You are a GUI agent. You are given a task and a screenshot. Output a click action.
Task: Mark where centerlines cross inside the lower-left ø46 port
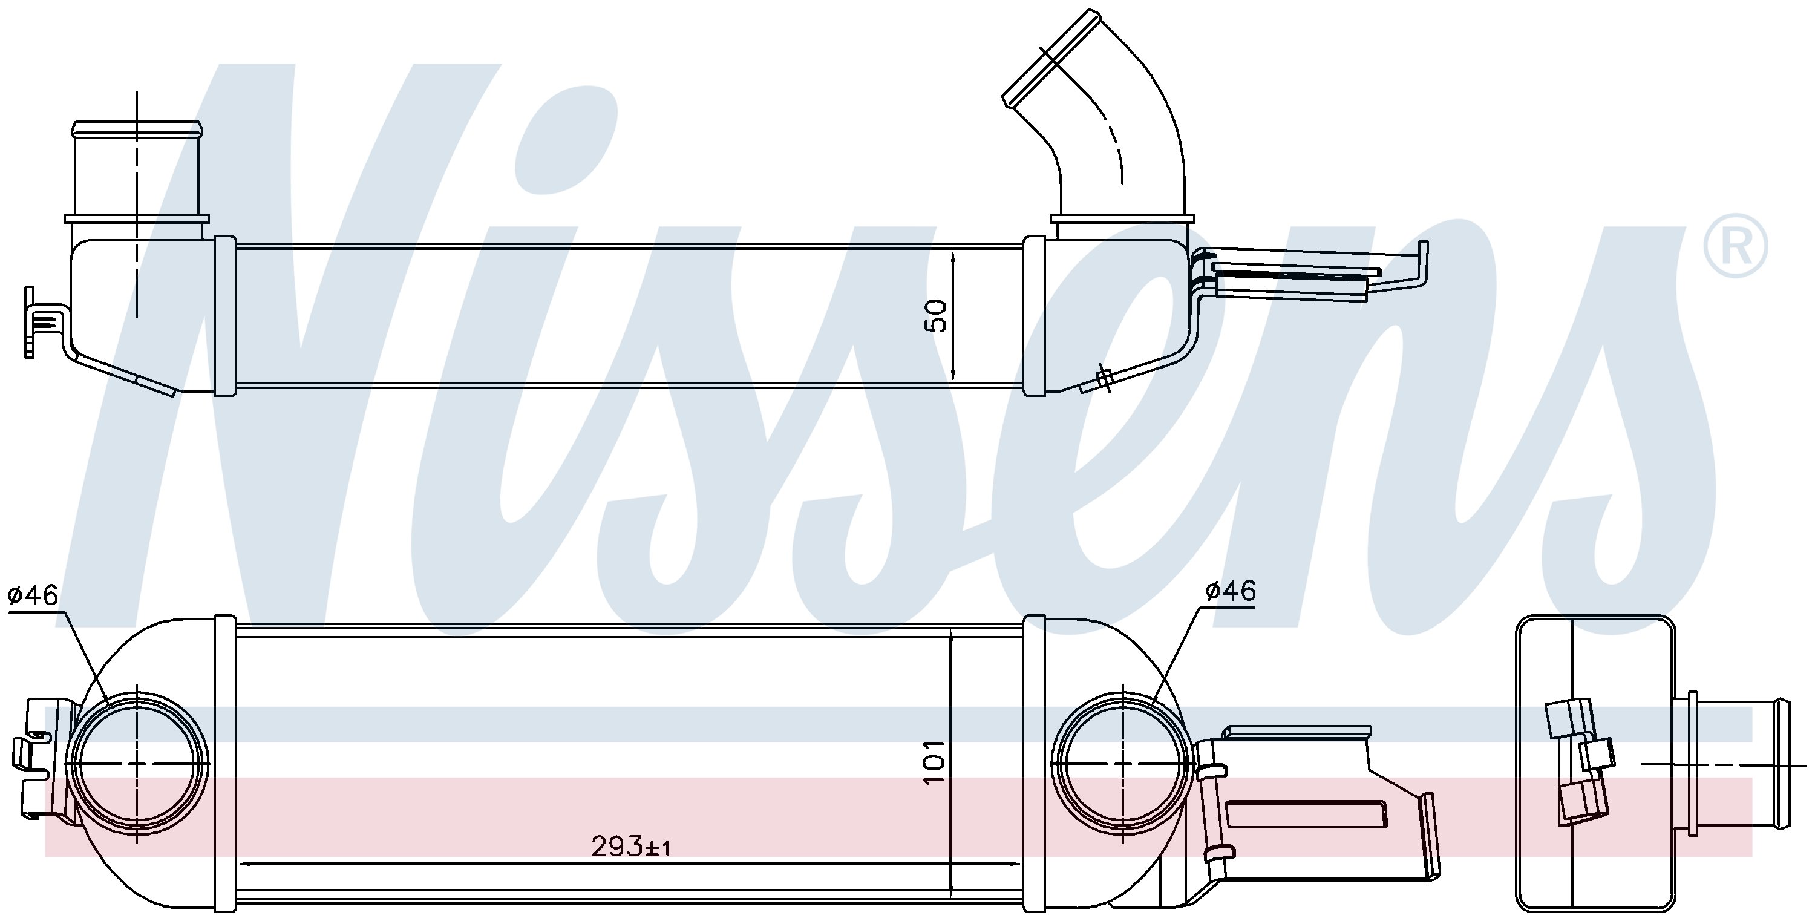click(137, 763)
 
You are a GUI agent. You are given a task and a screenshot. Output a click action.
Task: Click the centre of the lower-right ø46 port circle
click(1122, 763)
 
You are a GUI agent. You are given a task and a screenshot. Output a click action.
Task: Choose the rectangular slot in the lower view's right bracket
click(1306, 814)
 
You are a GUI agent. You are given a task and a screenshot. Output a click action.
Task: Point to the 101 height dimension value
click(935, 762)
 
